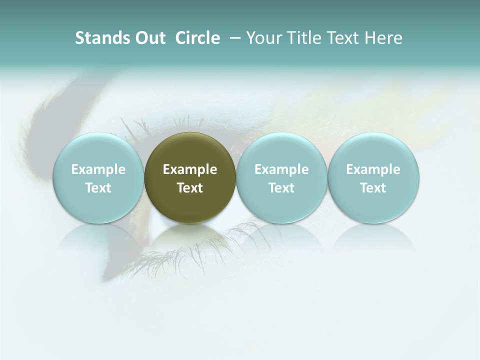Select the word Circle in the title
pyautogui.click(x=197, y=38)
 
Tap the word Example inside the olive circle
pyautogui.click(x=190, y=169)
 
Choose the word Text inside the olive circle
pyautogui.click(x=190, y=188)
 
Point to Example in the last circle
pyautogui.click(x=373, y=169)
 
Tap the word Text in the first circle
pyautogui.click(x=98, y=188)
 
